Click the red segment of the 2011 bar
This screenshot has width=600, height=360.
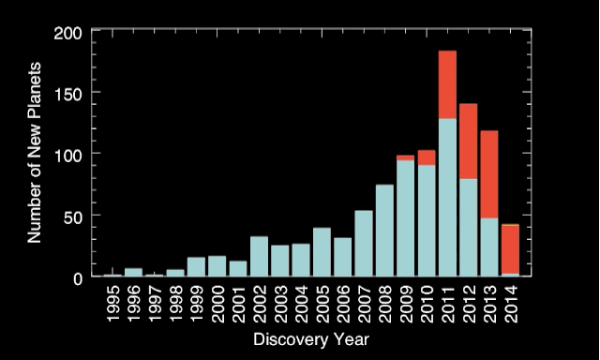tap(447, 84)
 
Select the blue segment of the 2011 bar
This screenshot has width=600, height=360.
tap(447, 197)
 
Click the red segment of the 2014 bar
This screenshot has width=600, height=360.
tap(510, 249)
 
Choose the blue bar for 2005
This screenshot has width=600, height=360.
tap(322, 251)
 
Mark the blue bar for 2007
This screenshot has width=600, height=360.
tap(364, 243)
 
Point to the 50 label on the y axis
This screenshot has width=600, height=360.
tap(82, 217)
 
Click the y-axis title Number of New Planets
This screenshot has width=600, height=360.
tap(35, 152)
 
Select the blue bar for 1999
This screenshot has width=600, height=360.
tap(196, 266)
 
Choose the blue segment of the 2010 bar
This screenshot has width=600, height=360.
tap(427, 220)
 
